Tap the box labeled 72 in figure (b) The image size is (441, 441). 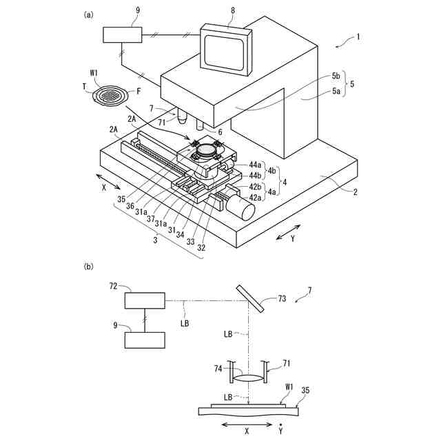point(145,301)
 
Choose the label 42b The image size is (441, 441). point(255,187)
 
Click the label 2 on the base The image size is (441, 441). point(355,191)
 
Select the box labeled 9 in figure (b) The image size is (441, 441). point(145,340)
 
